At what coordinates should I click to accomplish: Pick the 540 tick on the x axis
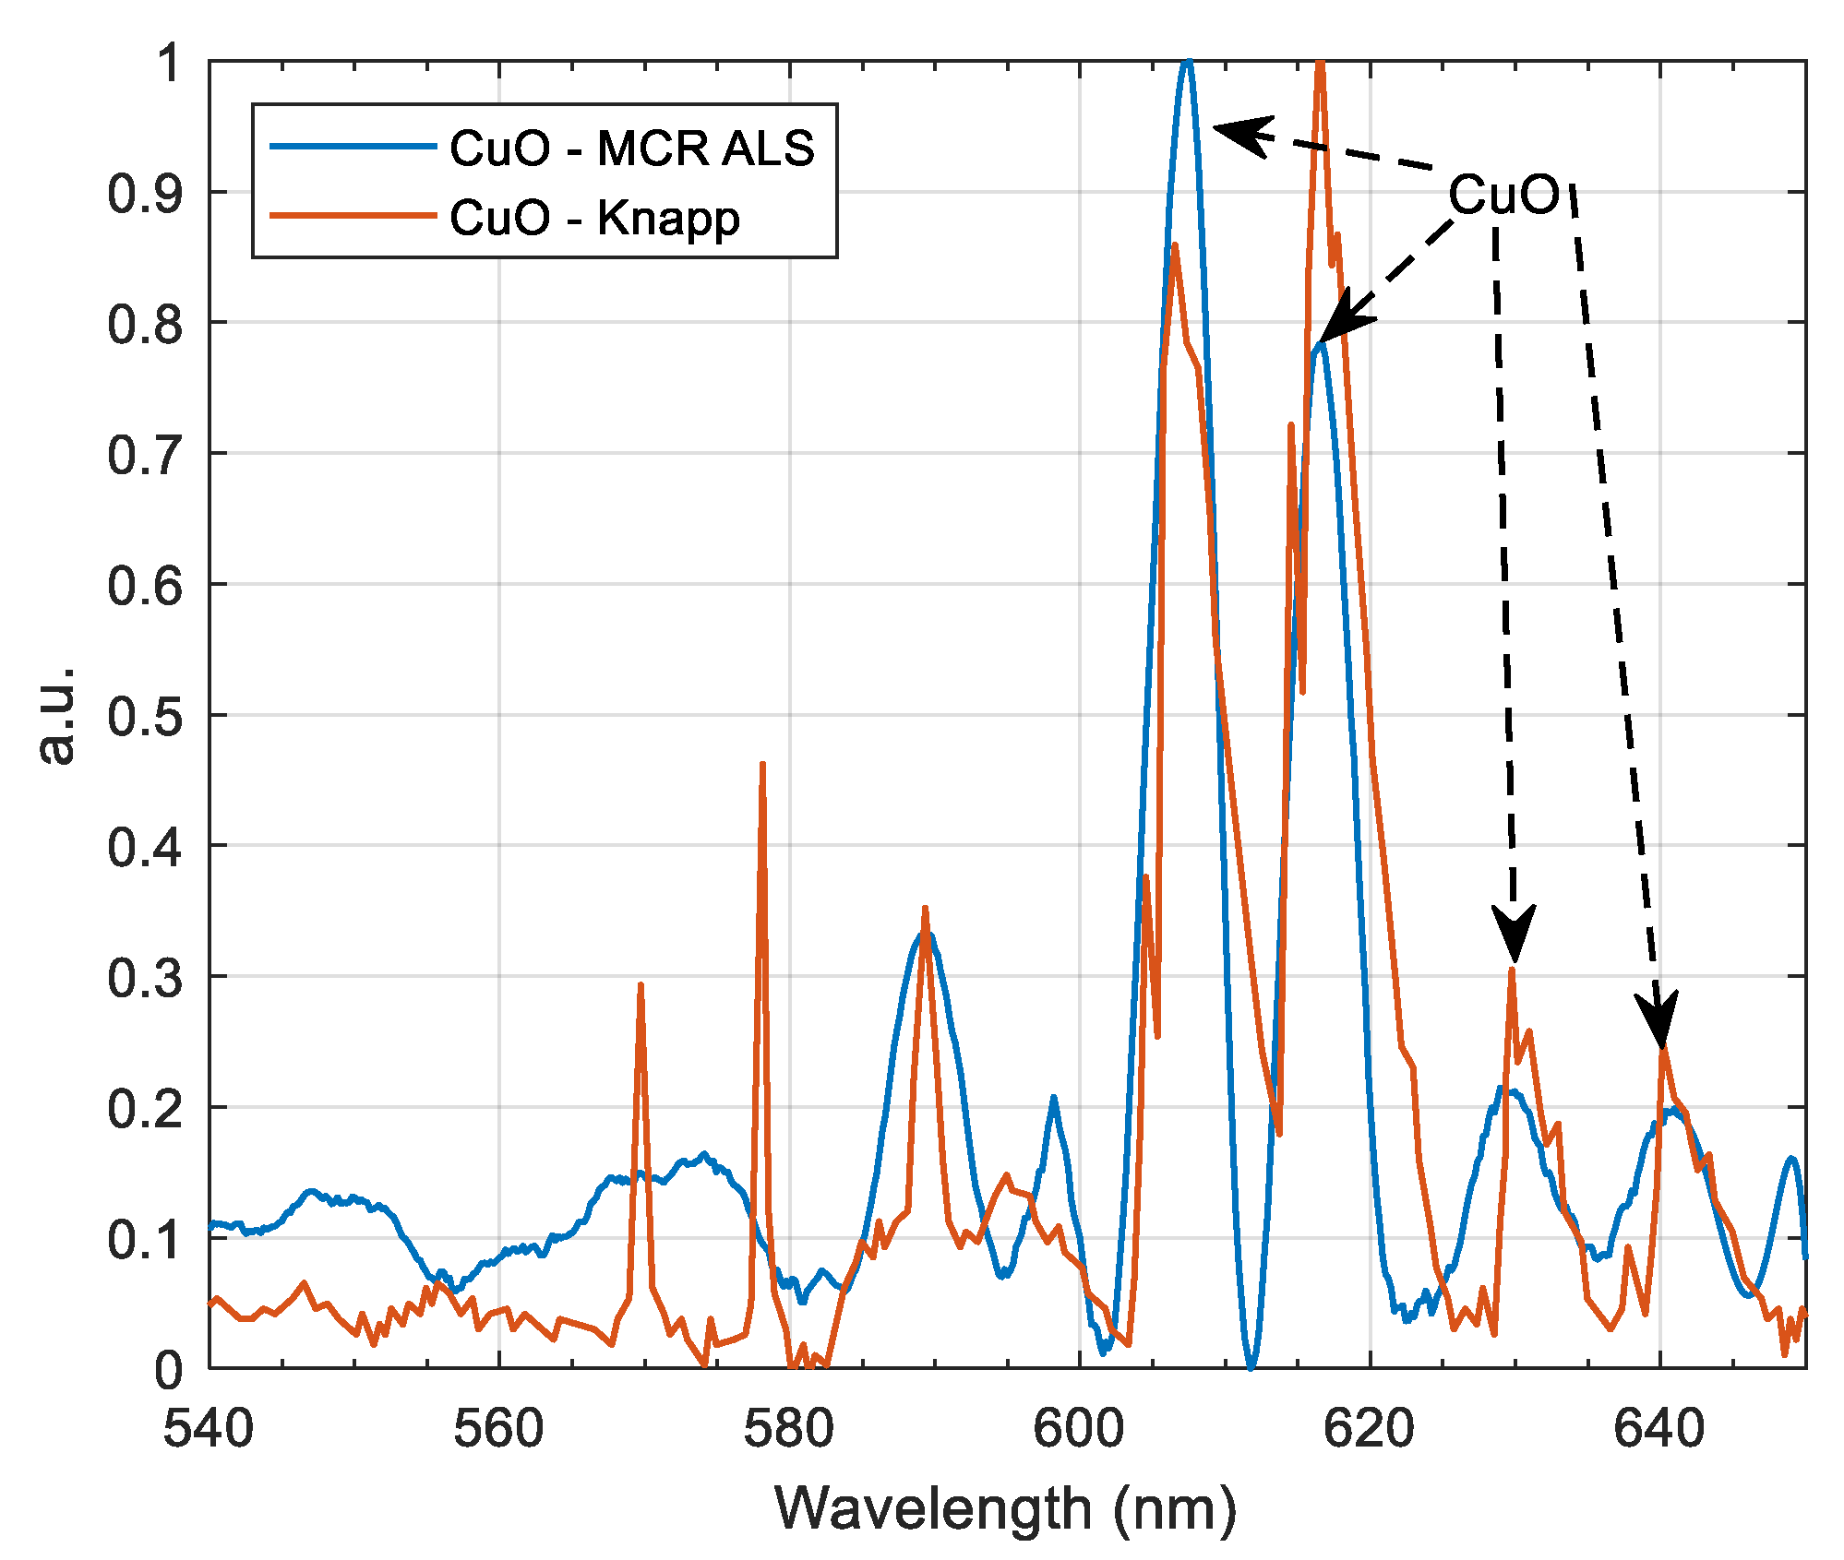(x=209, y=1429)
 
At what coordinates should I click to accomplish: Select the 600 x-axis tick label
(x=1079, y=1429)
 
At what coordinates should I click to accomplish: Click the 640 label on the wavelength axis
(x=1659, y=1429)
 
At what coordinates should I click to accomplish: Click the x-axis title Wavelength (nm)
(x=1005, y=1509)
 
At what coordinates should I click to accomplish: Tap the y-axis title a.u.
(x=57, y=715)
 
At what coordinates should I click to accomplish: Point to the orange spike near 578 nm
(x=762, y=766)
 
